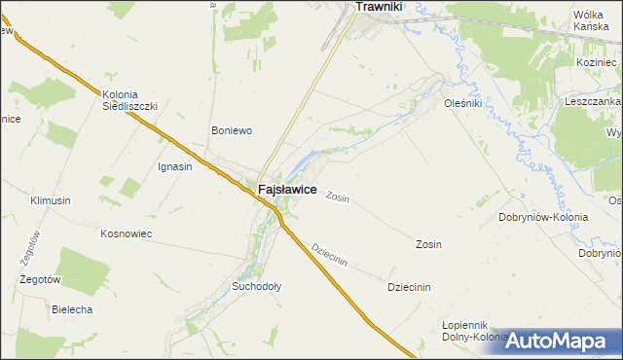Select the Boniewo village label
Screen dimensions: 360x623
click(x=233, y=130)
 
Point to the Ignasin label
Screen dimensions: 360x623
click(x=174, y=166)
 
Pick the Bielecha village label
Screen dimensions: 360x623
click(x=71, y=309)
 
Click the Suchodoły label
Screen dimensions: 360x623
click(x=256, y=287)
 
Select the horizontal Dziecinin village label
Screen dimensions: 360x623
click(x=409, y=287)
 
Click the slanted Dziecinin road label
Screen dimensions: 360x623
click(x=329, y=255)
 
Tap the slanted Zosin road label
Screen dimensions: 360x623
click(x=338, y=197)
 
